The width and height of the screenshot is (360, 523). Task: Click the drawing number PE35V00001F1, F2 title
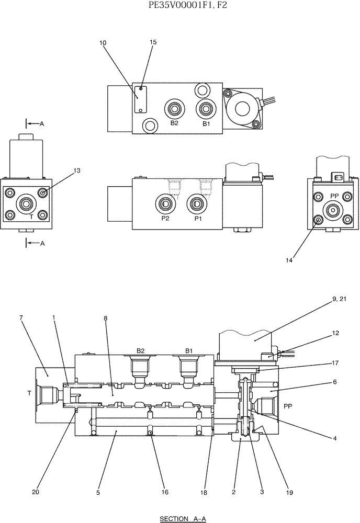click(181, 6)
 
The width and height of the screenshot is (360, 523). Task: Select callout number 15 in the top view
click(153, 43)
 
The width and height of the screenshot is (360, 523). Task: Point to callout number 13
click(77, 170)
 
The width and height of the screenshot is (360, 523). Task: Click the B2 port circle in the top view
click(173, 110)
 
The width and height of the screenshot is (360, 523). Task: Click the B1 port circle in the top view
click(206, 110)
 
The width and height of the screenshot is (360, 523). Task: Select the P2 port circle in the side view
click(165, 203)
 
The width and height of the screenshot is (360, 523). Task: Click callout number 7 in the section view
click(21, 317)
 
